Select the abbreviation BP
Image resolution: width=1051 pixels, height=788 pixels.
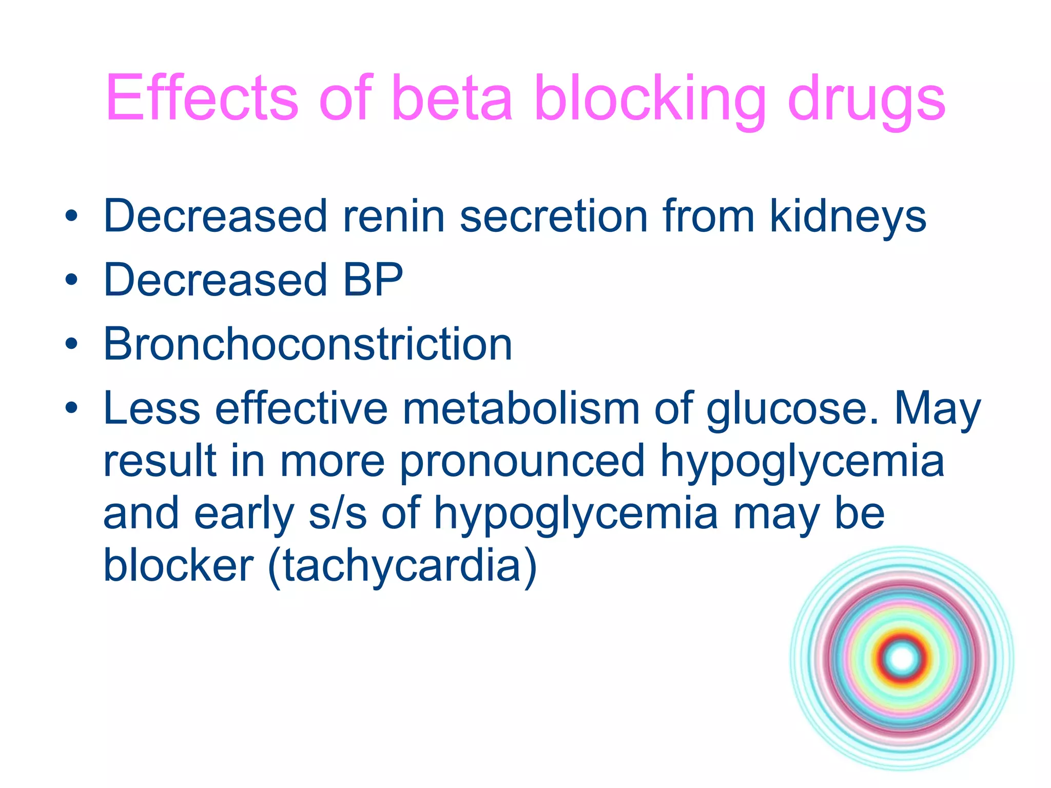[x=373, y=280]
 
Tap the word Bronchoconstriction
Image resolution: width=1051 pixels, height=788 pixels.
[x=308, y=344]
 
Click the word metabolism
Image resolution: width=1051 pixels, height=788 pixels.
[x=520, y=409]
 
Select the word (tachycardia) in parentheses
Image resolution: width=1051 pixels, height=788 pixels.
[x=402, y=566]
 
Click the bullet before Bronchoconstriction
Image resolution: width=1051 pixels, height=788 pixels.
[x=71, y=343]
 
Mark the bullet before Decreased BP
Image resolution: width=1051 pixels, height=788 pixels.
[x=71, y=280]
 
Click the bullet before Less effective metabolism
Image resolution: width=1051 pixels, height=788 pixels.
[x=71, y=408]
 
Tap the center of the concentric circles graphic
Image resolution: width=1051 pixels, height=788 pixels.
[x=902, y=658]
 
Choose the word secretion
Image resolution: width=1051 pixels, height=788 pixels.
[x=554, y=216]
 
